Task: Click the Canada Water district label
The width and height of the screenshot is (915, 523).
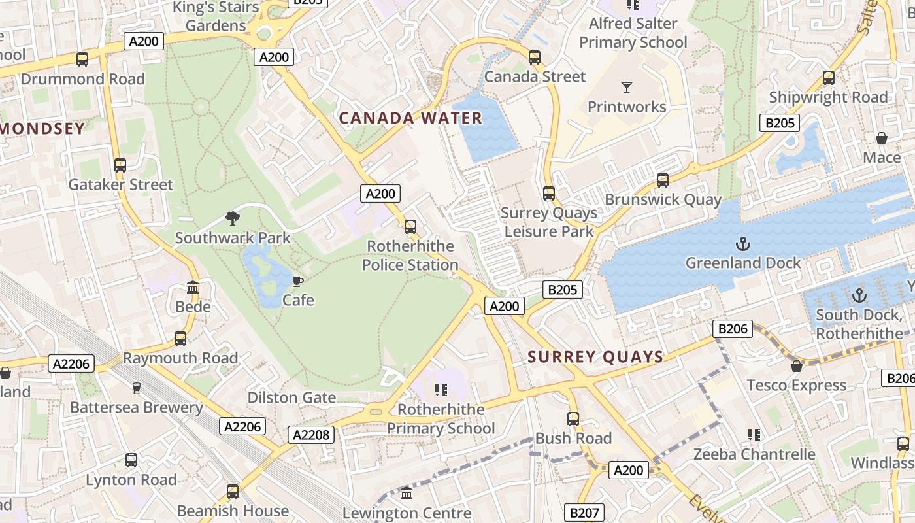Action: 410,118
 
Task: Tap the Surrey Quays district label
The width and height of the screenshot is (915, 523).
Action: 595,357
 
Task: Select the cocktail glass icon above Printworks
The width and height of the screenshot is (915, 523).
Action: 627,87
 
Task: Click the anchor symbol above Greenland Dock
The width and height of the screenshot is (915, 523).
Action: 742,244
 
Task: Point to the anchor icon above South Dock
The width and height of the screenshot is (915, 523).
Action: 859,295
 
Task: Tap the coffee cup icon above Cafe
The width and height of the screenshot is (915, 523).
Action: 298,281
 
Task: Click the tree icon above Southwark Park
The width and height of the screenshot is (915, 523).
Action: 233,218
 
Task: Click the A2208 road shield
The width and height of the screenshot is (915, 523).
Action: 312,435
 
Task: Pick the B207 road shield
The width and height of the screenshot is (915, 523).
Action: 584,513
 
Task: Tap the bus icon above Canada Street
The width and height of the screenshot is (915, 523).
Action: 535,58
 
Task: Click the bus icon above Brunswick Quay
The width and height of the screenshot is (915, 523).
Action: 663,180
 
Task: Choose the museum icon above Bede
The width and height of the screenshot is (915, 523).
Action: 193,288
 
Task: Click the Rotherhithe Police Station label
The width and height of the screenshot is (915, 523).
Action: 410,256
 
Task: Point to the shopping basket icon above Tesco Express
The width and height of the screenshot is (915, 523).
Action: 796,366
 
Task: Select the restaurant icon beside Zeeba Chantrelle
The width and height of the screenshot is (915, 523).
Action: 754,435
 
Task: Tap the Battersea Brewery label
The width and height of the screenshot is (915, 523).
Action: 137,407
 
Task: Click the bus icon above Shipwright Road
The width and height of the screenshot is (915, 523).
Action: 829,78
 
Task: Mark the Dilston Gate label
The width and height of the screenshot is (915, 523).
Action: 291,397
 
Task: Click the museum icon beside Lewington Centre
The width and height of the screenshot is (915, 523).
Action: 407,494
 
